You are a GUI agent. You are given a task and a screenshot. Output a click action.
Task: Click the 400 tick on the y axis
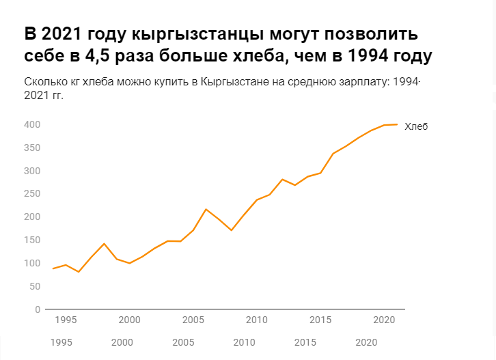point(32,124)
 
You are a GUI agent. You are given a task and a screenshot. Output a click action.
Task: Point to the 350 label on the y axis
point(32,148)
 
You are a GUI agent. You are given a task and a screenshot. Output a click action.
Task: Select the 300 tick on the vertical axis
point(32,171)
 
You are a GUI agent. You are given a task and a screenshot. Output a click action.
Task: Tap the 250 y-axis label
point(32,194)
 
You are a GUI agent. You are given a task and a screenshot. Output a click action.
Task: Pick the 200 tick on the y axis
point(32,217)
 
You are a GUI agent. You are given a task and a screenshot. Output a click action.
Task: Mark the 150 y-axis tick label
point(32,240)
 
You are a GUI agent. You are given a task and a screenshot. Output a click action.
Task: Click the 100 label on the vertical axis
point(32,263)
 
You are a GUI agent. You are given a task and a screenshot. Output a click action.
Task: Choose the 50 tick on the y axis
point(35,286)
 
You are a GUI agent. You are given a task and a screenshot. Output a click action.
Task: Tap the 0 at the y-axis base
point(38,309)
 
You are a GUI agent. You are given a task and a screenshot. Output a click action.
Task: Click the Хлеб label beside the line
point(416,126)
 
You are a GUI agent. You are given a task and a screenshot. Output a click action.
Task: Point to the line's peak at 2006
point(206,209)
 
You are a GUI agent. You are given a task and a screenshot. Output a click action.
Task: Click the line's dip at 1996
point(79,272)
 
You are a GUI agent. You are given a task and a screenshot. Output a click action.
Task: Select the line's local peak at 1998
point(104,244)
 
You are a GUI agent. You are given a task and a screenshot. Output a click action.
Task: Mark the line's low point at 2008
point(232,230)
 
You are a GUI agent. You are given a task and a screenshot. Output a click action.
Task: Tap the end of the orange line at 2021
point(397,124)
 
